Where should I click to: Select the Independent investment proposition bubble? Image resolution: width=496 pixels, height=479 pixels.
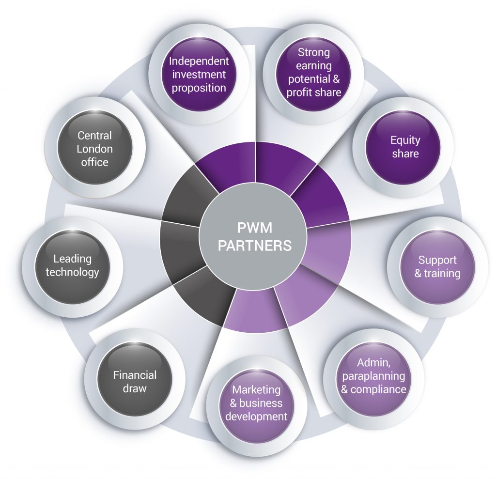pyautogui.click(x=199, y=75)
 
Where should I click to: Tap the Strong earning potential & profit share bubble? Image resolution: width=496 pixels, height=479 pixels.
pyautogui.click(x=314, y=73)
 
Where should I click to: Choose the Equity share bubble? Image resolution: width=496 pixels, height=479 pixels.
pyautogui.click(x=405, y=147)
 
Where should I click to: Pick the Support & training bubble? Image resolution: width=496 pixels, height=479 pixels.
pyautogui.click(x=437, y=267)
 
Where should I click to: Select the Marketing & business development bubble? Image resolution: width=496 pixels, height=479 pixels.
pyautogui.click(x=256, y=403)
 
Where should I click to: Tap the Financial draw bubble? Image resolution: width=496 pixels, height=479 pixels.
pyautogui.click(x=135, y=382)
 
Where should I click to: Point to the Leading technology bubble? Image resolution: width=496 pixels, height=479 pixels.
pyautogui.click(x=73, y=266)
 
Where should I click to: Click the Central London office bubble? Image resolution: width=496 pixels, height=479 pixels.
pyautogui.click(x=94, y=149)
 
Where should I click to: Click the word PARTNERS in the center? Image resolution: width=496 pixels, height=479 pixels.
pyautogui.click(x=255, y=246)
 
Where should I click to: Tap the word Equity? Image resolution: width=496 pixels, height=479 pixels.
pyautogui.click(x=405, y=140)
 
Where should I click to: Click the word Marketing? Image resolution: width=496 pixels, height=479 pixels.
pyautogui.click(x=256, y=390)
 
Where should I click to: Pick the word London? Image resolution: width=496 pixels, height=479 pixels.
pyautogui.click(x=94, y=149)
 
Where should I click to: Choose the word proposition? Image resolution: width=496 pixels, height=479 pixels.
pyautogui.click(x=199, y=88)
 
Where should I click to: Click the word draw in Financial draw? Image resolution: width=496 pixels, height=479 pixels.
pyautogui.click(x=135, y=388)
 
